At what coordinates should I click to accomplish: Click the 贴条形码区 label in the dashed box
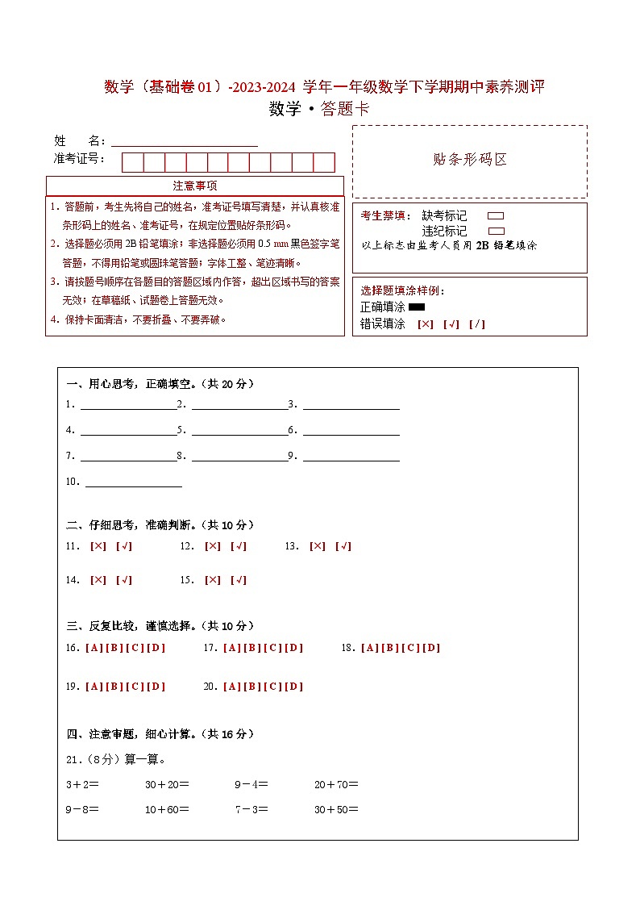(470, 160)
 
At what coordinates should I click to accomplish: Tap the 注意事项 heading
(195, 186)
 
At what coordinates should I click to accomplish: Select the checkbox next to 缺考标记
(496, 216)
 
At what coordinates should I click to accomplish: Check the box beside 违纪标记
(496, 231)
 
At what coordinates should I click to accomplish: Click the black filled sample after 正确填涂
(417, 307)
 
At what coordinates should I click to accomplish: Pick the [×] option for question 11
(98, 546)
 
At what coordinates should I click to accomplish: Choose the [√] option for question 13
(343, 546)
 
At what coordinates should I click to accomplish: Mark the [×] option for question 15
(213, 580)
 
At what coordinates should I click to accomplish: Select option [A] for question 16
(94, 648)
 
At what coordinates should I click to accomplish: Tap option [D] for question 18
(431, 648)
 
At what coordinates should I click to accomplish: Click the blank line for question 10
(133, 485)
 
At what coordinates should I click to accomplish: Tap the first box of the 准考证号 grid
(132, 162)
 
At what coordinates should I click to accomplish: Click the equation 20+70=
(336, 783)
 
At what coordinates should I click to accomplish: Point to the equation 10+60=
(167, 809)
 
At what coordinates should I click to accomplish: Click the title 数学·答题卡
(319, 110)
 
